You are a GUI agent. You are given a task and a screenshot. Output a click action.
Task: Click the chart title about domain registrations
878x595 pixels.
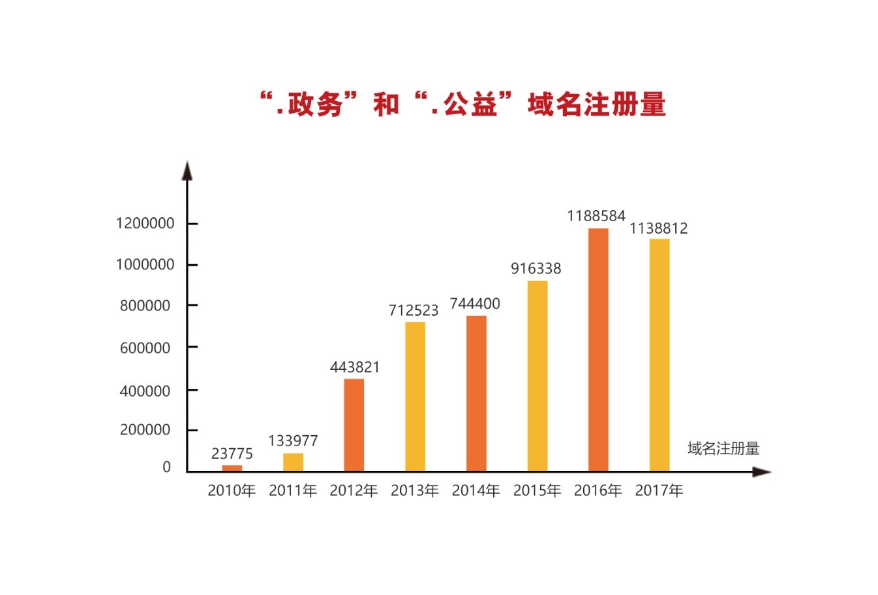[462, 104]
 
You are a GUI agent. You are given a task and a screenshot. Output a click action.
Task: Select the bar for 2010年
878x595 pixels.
[232, 468]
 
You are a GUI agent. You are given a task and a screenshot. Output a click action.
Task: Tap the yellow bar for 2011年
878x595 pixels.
[293, 462]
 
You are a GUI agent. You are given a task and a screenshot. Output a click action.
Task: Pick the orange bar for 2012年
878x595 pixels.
[354, 425]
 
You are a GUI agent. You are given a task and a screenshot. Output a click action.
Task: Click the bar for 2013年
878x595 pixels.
[415, 396]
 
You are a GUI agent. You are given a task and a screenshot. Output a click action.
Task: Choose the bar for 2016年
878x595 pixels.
[598, 350]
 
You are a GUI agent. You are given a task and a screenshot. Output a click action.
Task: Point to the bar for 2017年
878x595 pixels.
[659, 355]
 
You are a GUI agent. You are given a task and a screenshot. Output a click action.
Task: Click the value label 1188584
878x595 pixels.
[596, 216]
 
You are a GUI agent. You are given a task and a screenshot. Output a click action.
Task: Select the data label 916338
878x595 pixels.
[536, 269]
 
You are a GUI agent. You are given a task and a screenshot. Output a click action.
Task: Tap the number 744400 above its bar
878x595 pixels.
[475, 304]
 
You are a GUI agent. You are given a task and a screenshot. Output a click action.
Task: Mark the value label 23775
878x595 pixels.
[232, 454]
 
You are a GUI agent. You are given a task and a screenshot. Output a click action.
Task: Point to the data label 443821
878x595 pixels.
[354, 367]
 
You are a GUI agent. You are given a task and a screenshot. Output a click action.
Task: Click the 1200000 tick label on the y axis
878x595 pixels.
[145, 224]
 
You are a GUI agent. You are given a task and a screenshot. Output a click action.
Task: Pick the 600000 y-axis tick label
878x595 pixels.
[145, 348]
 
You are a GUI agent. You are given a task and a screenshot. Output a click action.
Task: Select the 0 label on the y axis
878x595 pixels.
[166, 467]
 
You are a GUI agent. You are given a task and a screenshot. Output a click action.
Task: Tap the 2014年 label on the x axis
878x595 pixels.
[476, 491]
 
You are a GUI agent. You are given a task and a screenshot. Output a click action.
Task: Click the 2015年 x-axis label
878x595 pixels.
[537, 491]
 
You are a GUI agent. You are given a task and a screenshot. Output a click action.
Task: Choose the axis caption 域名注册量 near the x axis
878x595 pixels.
[723, 449]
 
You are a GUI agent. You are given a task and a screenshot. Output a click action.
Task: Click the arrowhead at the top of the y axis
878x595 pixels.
[187, 170]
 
